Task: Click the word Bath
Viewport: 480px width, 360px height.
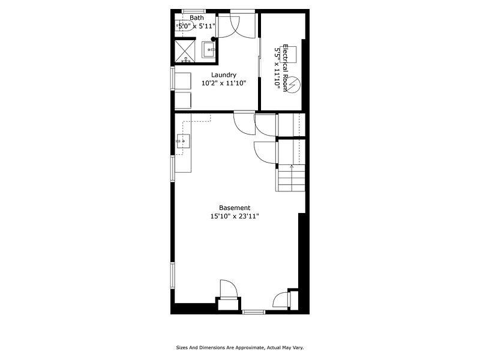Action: click(197, 17)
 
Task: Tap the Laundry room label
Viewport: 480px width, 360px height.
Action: click(223, 75)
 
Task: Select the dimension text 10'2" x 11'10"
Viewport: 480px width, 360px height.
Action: click(223, 83)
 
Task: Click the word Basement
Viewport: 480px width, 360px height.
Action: click(235, 208)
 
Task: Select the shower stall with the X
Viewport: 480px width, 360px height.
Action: click(185, 49)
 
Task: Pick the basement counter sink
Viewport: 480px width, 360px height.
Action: click(183, 142)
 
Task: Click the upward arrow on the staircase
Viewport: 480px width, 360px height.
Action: click(292, 166)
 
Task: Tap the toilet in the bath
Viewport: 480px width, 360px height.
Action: click(187, 60)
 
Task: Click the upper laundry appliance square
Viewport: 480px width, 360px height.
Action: click(182, 82)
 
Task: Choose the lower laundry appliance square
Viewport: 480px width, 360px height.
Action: click(182, 100)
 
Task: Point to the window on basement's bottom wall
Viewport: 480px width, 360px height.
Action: click(253, 311)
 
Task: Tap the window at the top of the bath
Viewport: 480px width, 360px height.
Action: click(194, 10)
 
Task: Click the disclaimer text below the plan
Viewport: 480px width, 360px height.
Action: click(239, 347)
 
